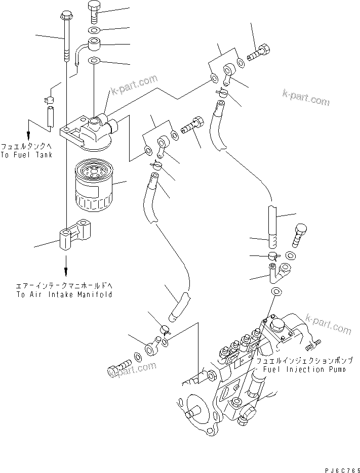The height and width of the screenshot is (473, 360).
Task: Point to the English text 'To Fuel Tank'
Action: coord(26,155)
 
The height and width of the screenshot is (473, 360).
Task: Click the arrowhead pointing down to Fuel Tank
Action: coord(29,135)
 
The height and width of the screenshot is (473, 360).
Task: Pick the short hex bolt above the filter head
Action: coord(95,11)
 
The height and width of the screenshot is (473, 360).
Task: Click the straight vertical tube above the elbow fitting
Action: coord(272,223)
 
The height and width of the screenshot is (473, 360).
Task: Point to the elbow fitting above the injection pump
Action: coord(279,271)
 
